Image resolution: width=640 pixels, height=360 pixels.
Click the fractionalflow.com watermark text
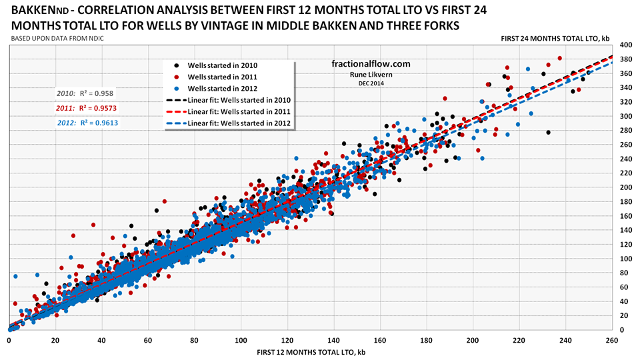(x=371, y=64)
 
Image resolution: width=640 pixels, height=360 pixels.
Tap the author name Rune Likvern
(x=371, y=75)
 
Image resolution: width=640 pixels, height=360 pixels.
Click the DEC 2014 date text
(x=371, y=83)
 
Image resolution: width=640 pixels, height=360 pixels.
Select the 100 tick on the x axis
(x=241, y=340)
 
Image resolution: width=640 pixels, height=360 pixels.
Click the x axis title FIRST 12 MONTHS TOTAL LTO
(x=308, y=352)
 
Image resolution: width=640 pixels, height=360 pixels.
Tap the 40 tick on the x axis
(x=101, y=340)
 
